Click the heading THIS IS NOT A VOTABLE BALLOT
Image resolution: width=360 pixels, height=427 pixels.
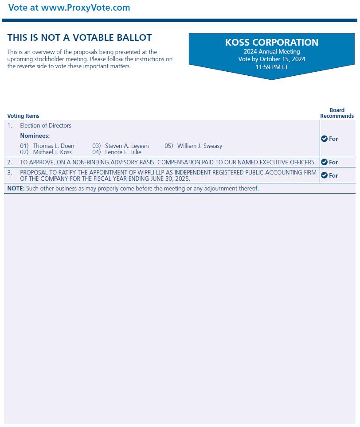79,38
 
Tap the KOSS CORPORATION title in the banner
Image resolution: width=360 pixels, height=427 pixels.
271,43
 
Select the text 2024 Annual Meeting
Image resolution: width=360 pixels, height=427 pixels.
271,52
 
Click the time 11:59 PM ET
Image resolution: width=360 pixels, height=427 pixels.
271,67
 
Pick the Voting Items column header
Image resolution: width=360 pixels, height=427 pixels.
23,116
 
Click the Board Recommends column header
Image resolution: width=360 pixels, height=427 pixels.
337,113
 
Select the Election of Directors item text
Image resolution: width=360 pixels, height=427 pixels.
45,126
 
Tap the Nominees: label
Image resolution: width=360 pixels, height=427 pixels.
35,136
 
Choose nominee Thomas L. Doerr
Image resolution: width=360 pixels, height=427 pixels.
54,146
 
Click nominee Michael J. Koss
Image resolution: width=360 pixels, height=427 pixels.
52,152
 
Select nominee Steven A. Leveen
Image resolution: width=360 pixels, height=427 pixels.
127,146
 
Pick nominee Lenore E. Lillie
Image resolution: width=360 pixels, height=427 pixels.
123,152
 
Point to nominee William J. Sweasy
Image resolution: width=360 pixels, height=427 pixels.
200,146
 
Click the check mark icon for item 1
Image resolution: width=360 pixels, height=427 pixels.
324,139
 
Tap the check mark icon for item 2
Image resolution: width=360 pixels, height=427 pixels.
324,162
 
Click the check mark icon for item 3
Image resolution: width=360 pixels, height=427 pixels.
324,175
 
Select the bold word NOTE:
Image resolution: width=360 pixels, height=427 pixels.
16,189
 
